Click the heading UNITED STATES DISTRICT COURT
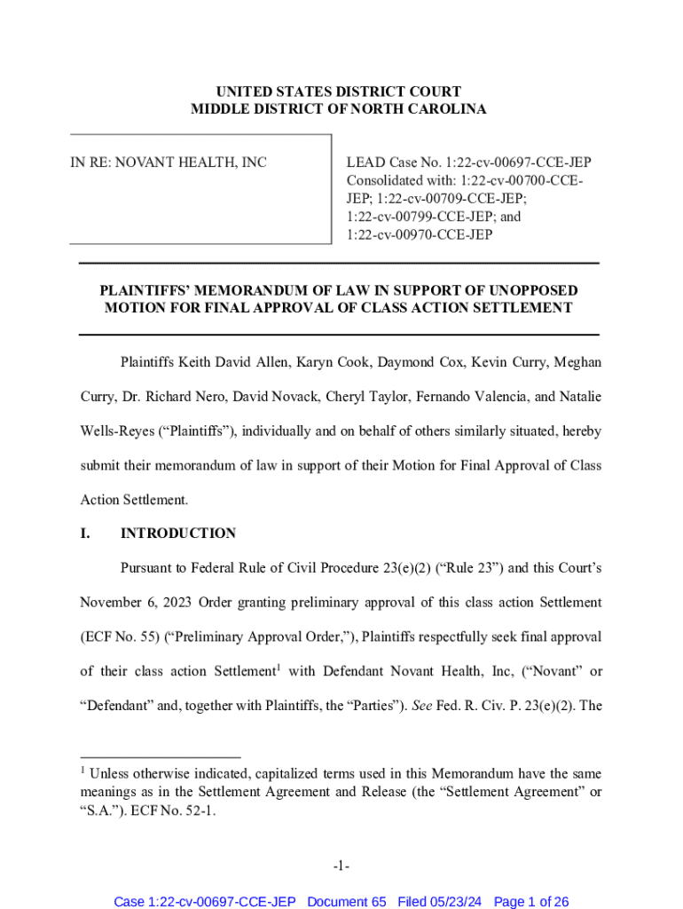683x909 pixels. tap(339, 91)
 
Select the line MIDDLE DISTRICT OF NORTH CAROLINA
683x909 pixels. tap(339, 109)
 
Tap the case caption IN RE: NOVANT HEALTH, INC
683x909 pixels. tap(169, 162)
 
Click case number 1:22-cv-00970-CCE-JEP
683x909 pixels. tap(420, 235)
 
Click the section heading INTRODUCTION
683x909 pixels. tap(178, 534)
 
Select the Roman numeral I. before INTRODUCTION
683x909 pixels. tap(85, 534)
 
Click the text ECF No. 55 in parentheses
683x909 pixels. tap(120, 636)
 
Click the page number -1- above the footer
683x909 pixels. tap(341, 866)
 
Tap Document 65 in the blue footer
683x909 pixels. tap(347, 901)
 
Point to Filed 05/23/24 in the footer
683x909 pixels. tap(439, 901)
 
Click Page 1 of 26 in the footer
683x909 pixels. tap(530, 901)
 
